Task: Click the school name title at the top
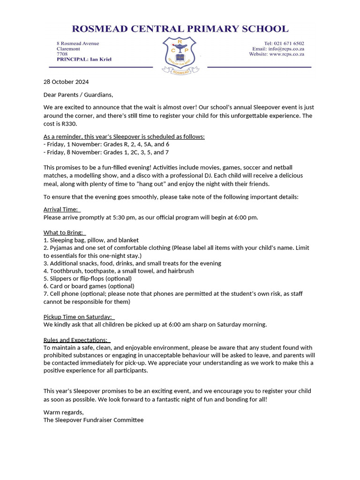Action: [180, 29]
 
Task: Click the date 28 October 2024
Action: [66, 82]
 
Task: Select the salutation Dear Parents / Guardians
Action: [78, 95]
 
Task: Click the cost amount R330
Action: [68, 124]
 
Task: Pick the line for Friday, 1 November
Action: [106, 144]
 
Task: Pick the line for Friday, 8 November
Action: [106, 152]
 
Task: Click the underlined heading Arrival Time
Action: [61, 210]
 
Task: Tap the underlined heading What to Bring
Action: [63, 232]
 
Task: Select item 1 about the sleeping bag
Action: [91, 240]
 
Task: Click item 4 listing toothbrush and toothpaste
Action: [118, 271]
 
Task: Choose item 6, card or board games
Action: [89, 286]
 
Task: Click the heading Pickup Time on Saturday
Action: [78, 317]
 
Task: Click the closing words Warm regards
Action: [63, 412]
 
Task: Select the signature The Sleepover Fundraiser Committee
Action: [93, 420]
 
